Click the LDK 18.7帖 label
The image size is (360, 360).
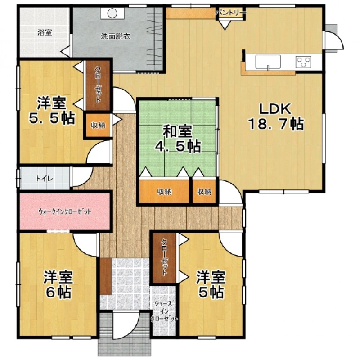tap(276, 117)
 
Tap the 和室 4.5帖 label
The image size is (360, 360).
tap(177, 139)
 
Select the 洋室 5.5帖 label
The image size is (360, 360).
tap(52, 111)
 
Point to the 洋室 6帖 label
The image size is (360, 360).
tap(58, 285)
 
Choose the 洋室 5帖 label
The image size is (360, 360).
tap(211, 285)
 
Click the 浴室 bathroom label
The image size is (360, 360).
tap(45, 32)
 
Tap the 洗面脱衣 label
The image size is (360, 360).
tap(116, 36)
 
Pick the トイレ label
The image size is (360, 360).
tap(45, 179)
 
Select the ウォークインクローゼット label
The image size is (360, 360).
tap(64, 211)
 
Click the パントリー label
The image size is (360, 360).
tap(230, 13)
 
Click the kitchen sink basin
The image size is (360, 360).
tap(268, 62)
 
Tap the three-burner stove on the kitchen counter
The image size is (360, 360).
tap(303, 62)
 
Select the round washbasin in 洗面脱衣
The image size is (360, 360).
tap(112, 13)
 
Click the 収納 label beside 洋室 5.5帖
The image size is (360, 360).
tap(98, 126)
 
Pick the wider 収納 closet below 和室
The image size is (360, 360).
tap(164, 192)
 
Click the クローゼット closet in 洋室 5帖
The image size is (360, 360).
tap(165, 258)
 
